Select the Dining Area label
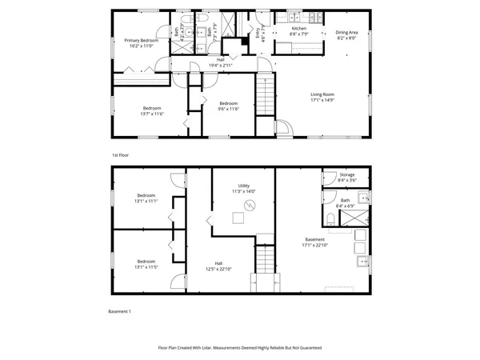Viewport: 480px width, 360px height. [x=335, y=33]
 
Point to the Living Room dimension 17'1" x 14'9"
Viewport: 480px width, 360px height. [x=322, y=100]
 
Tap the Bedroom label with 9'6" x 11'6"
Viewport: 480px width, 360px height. [x=228, y=103]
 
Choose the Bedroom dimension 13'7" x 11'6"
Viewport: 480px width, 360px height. [x=152, y=114]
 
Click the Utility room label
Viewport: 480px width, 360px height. [x=243, y=186]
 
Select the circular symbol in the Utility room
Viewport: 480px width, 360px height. [x=249, y=206]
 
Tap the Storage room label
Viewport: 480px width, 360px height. [x=346, y=174]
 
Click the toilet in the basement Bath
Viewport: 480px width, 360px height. [x=331, y=219]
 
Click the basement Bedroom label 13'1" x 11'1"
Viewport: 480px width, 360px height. [x=146, y=196]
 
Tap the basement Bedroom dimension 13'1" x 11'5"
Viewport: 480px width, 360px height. [x=146, y=266]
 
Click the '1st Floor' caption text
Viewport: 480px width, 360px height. [x=120, y=154]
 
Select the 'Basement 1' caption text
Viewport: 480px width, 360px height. [x=118, y=310]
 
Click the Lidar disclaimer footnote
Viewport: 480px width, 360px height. [x=240, y=348]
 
